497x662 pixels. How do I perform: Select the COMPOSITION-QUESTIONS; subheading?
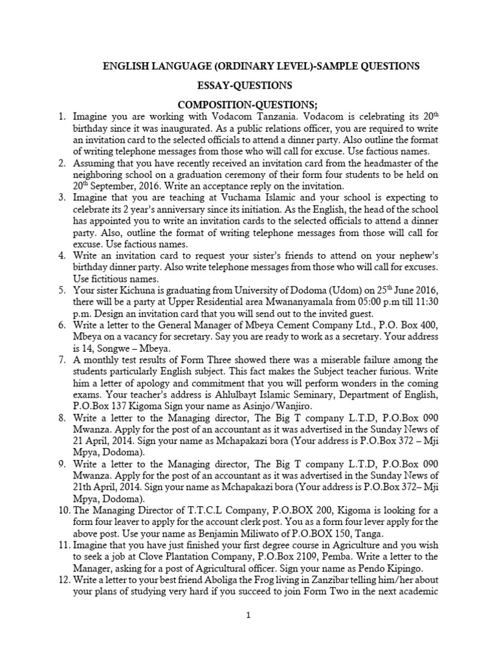pyautogui.click(x=248, y=104)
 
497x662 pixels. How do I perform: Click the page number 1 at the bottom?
pyautogui.click(x=248, y=615)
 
